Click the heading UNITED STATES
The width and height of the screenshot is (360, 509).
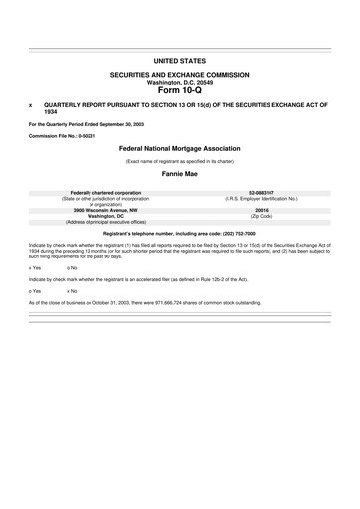(x=180, y=61)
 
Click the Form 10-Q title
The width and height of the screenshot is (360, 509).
(x=180, y=89)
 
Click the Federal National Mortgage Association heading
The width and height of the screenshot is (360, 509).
(x=180, y=145)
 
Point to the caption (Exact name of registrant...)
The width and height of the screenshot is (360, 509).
(x=180, y=159)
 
